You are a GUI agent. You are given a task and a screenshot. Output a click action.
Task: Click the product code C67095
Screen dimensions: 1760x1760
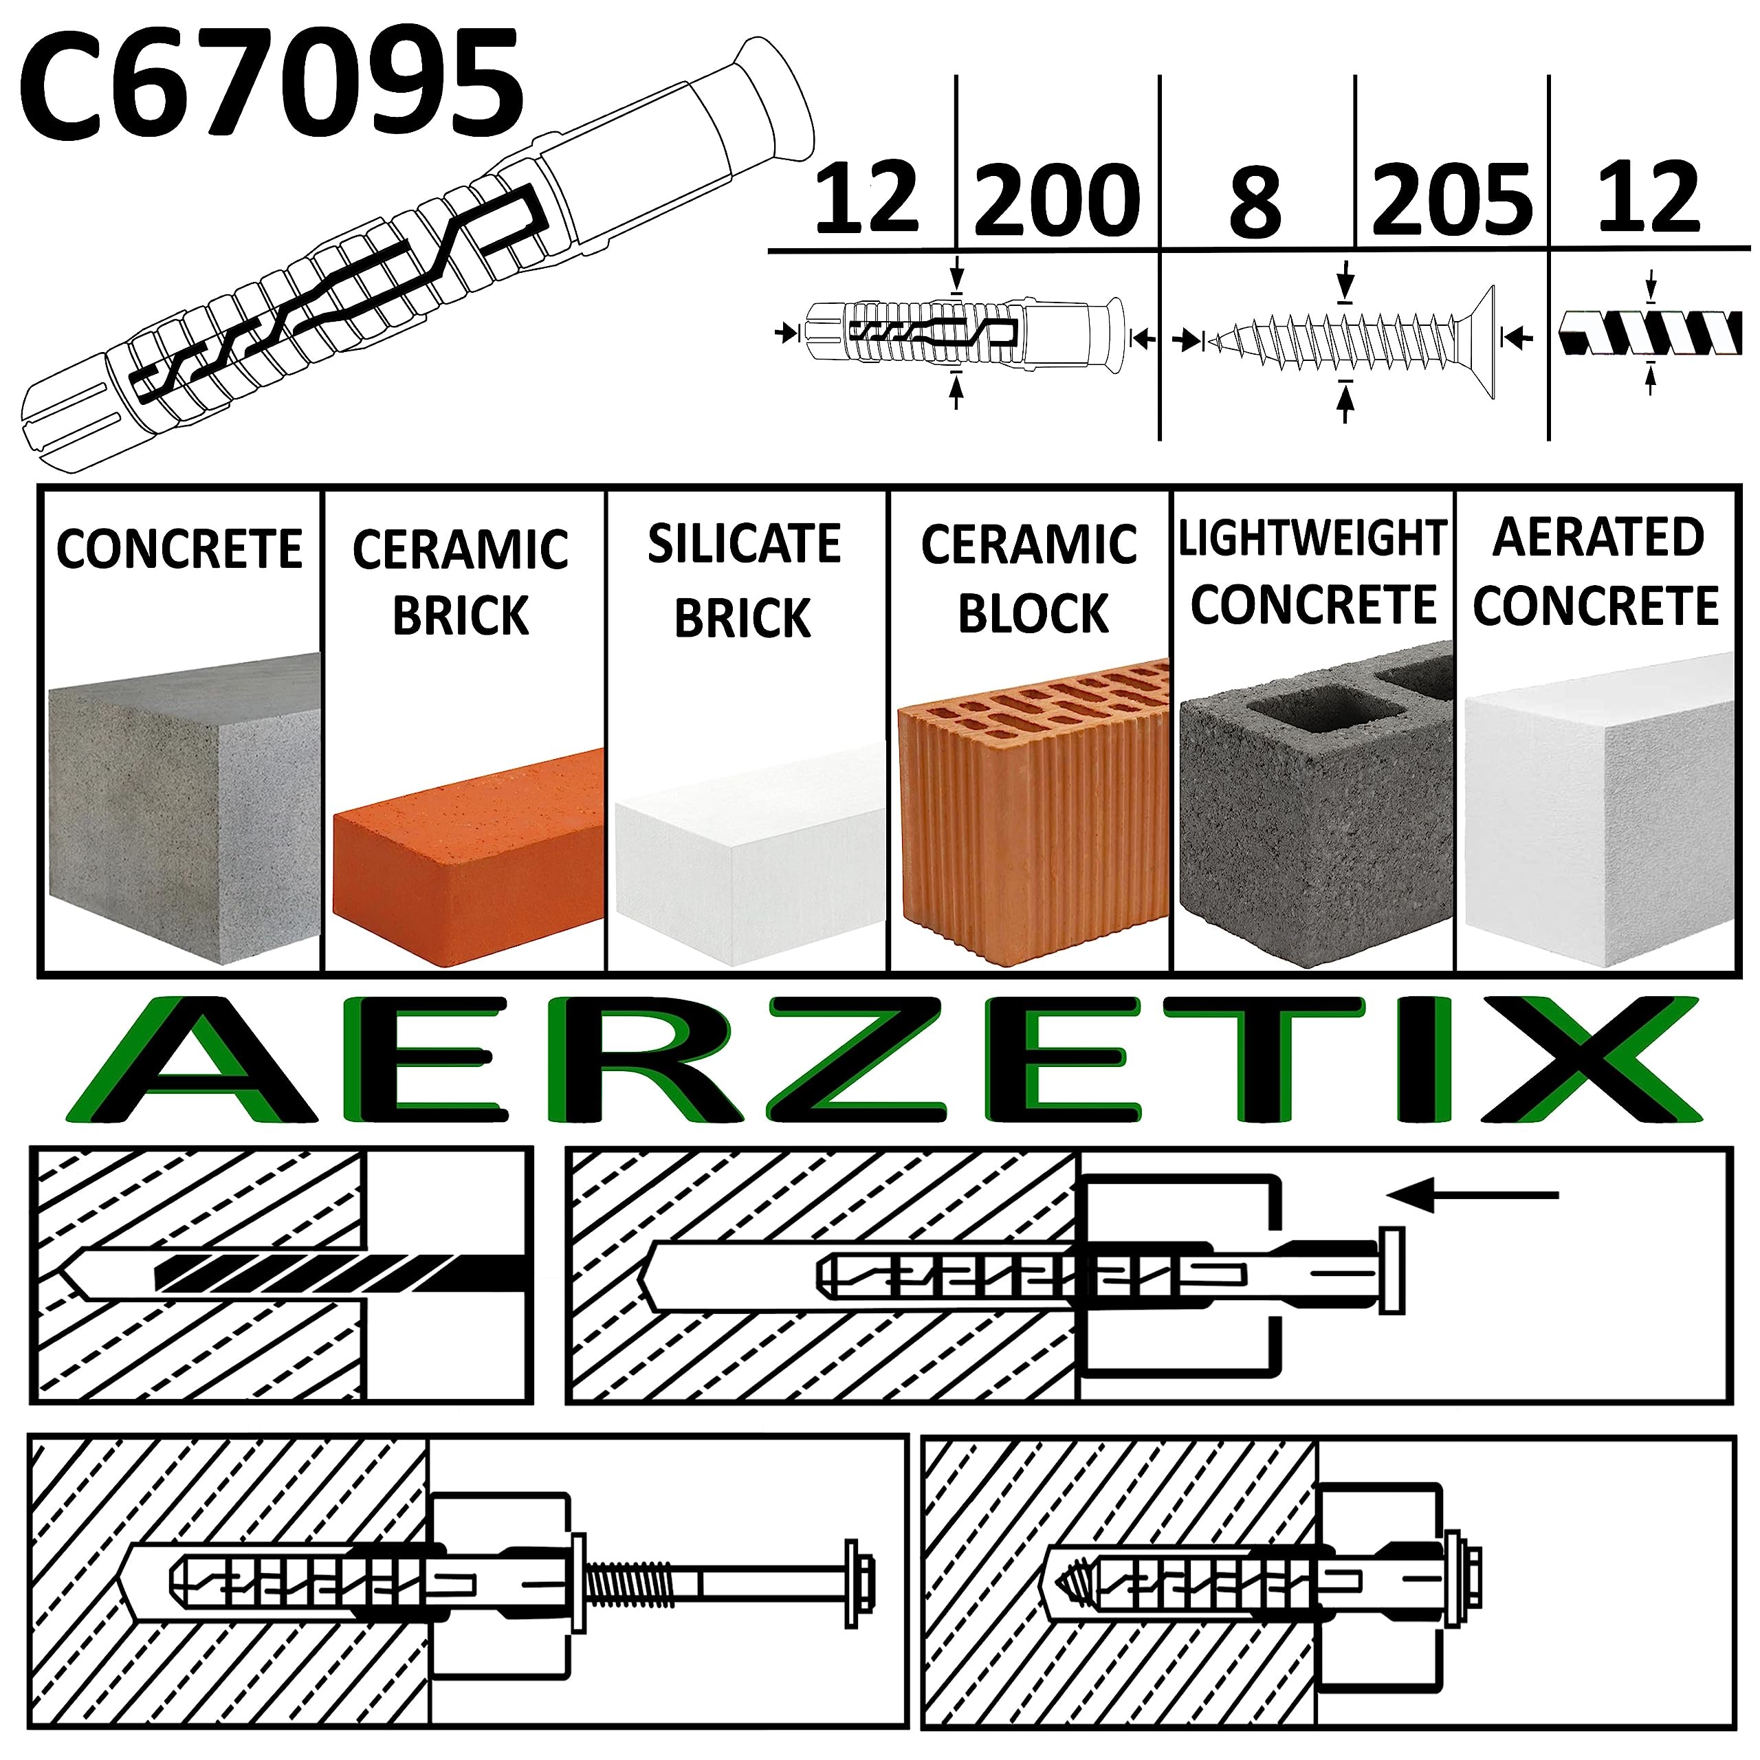[x=272, y=84]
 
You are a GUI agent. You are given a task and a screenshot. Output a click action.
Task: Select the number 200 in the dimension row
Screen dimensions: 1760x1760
[x=1057, y=199]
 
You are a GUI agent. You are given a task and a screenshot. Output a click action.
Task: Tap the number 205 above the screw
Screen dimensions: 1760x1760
[x=1452, y=199]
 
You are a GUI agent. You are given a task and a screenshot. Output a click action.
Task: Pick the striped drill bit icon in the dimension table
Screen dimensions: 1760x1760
[x=1651, y=333]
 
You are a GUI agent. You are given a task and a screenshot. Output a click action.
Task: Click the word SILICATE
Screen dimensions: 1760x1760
[x=745, y=544]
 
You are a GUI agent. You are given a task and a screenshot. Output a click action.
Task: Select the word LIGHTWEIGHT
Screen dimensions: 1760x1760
[x=1312, y=538]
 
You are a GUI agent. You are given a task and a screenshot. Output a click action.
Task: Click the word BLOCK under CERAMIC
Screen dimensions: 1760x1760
[x=1032, y=613]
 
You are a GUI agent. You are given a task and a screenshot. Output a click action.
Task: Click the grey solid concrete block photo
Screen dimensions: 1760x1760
[x=182, y=811]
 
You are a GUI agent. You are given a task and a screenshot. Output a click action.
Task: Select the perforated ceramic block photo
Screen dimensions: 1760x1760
[x=1032, y=811]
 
